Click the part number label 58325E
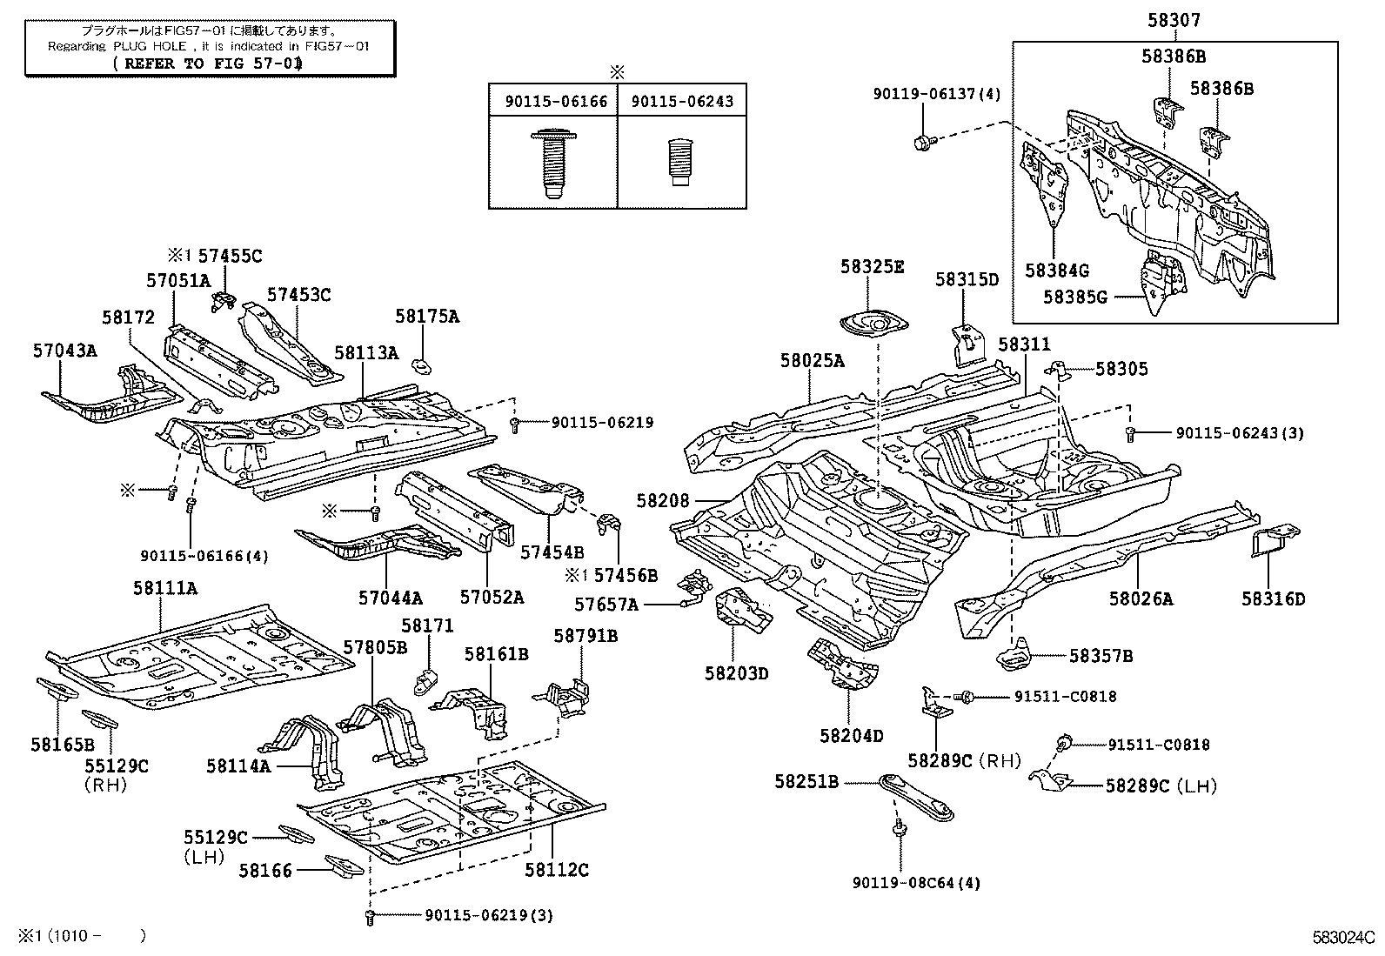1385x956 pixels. pos(872,266)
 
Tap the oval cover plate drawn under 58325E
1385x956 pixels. pos(873,324)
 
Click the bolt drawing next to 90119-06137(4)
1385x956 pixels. pos(925,139)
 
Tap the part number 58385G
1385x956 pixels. pos(1074,297)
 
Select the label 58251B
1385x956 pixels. pos(806,782)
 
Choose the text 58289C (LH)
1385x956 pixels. pos(1161,786)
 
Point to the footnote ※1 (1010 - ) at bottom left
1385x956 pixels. pos(74,936)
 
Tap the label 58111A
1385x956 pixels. pos(164,588)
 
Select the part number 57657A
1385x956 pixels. pos(606,604)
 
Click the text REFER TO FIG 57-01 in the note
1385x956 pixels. pos(209,63)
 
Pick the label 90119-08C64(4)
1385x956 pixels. pos(916,882)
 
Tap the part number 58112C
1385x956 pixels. pos(557,869)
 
